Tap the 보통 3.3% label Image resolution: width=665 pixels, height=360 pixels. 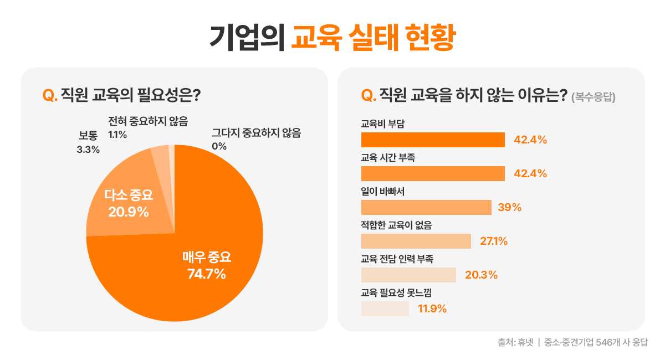click(x=88, y=142)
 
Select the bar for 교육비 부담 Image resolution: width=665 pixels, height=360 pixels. click(x=432, y=140)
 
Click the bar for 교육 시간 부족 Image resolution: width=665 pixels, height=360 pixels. click(x=432, y=173)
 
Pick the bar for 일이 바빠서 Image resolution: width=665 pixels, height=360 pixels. click(x=426, y=207)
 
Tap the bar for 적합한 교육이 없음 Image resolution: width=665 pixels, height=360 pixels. click(x=416, y=241)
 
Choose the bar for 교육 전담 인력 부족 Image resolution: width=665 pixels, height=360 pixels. click(x=408, y=275)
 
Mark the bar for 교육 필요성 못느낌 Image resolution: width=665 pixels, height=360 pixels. click(x=385, y=308)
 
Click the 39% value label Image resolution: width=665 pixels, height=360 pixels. click(x=509, y=208)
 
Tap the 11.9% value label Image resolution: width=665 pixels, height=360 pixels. click(x=432, y=309)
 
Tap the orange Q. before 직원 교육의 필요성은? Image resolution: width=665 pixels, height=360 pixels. click(x=50, y=95)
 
